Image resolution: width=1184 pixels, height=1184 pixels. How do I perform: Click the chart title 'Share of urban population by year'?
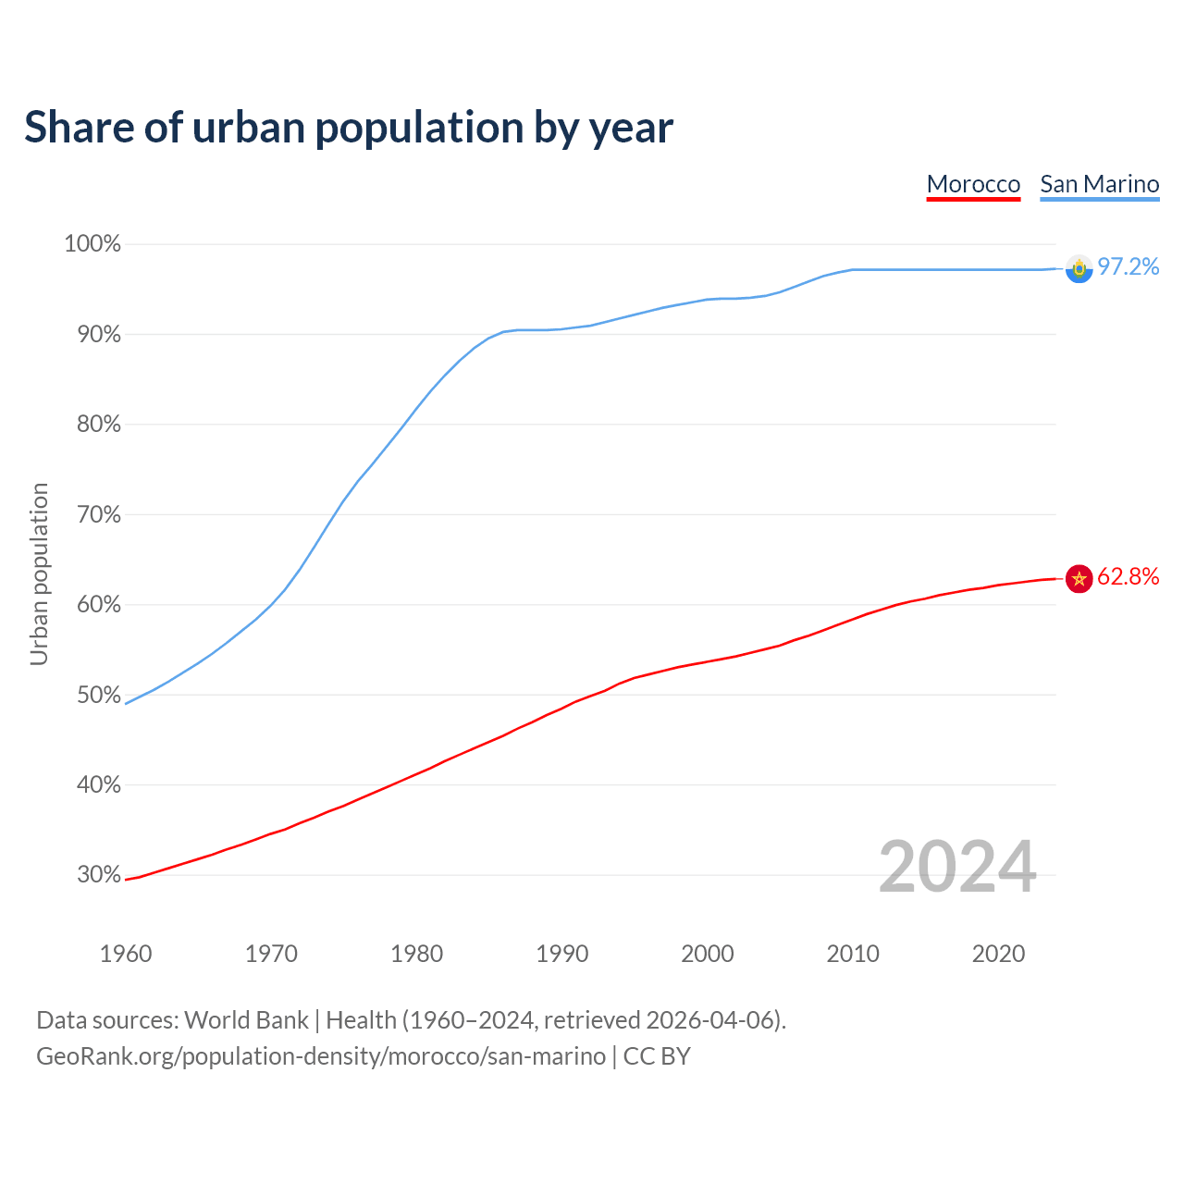(349, 127)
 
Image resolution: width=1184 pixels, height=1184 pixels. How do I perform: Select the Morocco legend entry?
(973, 184)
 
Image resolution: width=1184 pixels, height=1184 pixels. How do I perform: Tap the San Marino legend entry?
(1099, 184)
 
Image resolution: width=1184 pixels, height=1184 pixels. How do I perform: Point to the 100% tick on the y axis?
(92, 244)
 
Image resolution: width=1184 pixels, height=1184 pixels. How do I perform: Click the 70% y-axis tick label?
(99, 514)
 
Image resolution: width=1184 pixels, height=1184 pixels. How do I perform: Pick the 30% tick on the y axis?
(99, 875)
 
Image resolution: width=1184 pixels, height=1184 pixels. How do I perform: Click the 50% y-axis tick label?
(99, 695)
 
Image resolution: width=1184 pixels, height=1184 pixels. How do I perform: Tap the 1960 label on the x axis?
(126, 954)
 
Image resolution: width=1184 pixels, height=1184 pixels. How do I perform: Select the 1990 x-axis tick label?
(562, 954)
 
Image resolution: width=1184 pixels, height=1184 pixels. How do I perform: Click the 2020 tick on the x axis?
(998, 954)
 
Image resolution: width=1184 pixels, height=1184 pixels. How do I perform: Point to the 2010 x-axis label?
(853, 954)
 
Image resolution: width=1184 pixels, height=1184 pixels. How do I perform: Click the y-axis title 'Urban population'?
(39, 573)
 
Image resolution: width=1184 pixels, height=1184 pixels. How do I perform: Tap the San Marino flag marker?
(1079, 268)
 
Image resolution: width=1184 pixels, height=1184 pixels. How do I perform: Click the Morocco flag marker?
(1079, 578)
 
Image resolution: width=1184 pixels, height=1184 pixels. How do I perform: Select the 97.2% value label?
(1128, 266)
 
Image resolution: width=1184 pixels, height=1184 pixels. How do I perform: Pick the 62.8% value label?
(1128, 576)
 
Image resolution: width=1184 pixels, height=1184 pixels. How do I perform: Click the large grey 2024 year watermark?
(957, 867)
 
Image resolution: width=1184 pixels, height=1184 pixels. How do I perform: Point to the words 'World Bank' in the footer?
(246, 1020)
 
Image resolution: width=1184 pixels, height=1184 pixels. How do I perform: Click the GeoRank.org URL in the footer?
(321, 1056)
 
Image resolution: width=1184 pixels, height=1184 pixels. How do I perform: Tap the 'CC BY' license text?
(657, 1056)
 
